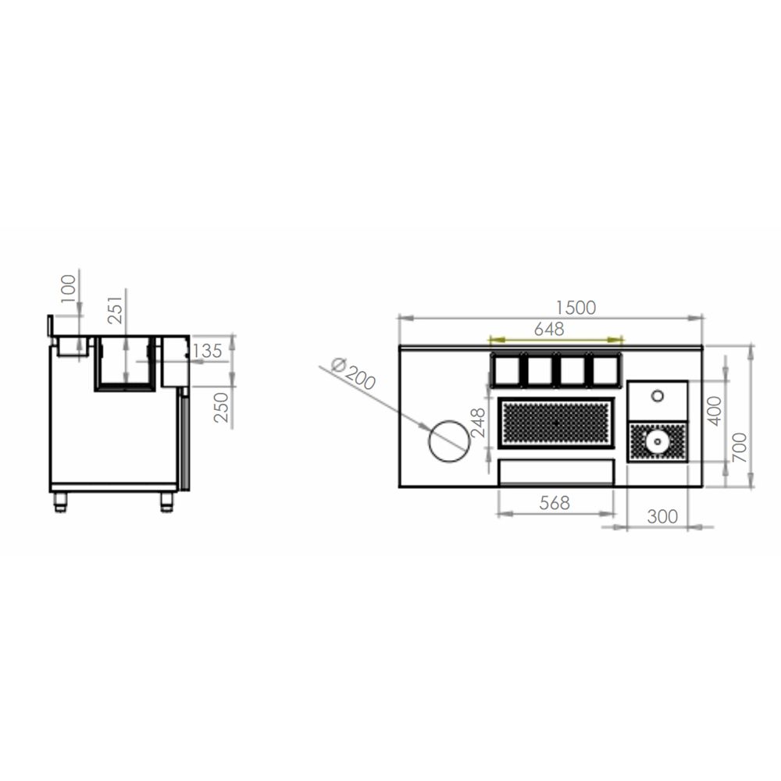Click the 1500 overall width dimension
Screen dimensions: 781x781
coord(576,308)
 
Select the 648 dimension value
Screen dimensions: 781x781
coord(549,329)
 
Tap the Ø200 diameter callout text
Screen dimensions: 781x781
coord(352,374)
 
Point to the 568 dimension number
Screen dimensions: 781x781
coord(555,504)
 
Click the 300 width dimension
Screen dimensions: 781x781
coord(662,516)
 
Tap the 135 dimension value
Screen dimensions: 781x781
coord(206,351)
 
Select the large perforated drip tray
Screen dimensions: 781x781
coord(556,423)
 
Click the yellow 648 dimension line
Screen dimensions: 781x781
coord(555,340)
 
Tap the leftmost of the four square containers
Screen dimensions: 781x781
coord(507,369)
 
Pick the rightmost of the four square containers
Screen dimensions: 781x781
coord(605,369)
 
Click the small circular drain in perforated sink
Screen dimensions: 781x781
coord(658,441)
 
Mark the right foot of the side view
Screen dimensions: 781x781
coord(167,501)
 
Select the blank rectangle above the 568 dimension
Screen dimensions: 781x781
coord(556,472)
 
